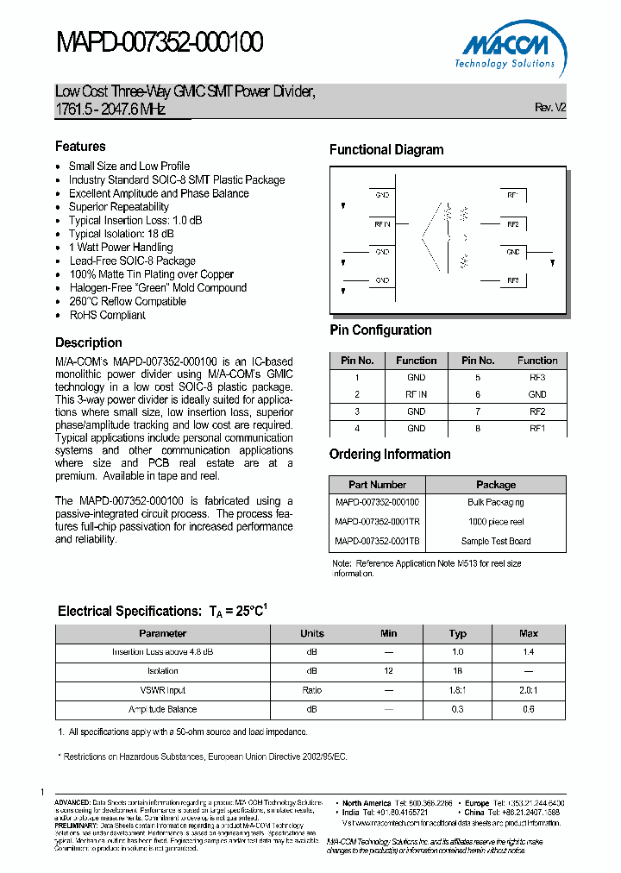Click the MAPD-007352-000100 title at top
click(160, 42)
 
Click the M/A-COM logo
click(507, 48)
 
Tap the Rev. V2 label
click(550, 108)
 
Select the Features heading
click(80, 147)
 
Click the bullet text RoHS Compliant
click(107, 316)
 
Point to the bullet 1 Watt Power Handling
click(121, 248)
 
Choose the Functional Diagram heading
click(386, 150)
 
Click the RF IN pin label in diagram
click(382, 223)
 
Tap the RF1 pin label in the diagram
click(512, 195)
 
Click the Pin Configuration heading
click(380, 330)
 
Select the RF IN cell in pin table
click(416, 394)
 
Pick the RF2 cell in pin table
click(537, 411)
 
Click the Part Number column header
click(377, 485)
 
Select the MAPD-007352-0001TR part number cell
click(377, 522)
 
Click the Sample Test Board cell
click(496, 542)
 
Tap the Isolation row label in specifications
click(163, 671)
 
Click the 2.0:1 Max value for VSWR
click(528, 690)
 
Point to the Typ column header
click(457, 633)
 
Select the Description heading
click(89, 342)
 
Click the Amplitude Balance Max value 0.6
click(528, 709)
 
